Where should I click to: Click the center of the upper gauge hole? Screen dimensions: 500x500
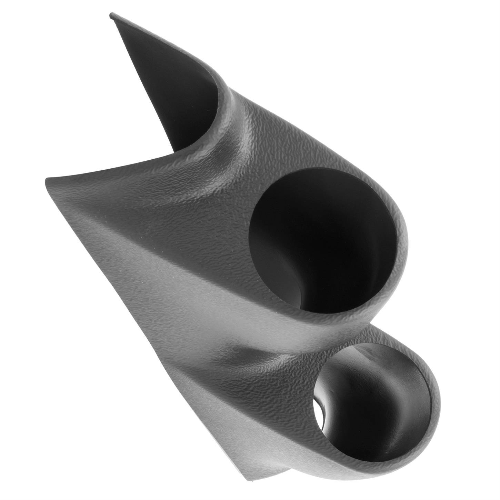click(324, 241)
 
